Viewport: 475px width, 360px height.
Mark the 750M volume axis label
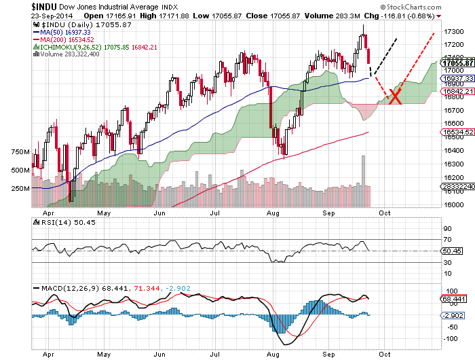[20, 151]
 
